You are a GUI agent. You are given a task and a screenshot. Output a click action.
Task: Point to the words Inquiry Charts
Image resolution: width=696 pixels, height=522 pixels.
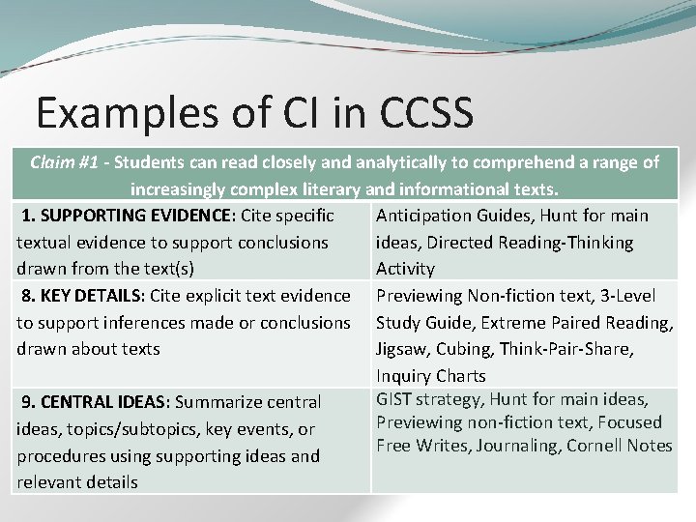(x=431, y=375)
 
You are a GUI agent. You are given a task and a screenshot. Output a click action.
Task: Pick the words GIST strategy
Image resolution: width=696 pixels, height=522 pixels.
(x=428, y=398)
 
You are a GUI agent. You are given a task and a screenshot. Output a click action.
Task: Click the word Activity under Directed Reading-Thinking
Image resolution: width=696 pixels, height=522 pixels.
(x=405, y=268)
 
